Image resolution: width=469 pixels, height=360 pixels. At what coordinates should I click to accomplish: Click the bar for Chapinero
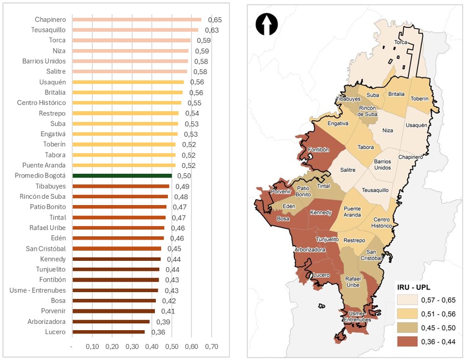tap(137, 20)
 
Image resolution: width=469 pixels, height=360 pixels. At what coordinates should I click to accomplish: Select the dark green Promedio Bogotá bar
tap(122, 176)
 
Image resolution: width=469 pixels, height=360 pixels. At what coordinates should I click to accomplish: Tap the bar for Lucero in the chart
tap(108, 332)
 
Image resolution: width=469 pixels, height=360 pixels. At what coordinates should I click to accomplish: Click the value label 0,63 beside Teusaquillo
tap(212, 30)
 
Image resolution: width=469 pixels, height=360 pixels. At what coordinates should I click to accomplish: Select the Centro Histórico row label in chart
tap(41, 103)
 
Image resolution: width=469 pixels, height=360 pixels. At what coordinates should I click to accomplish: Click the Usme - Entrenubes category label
tap(38, 290)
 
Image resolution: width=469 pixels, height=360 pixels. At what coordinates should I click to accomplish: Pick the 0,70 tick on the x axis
tap(212, 347)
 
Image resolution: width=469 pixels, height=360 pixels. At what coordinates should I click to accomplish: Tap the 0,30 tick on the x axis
tap(132, 347)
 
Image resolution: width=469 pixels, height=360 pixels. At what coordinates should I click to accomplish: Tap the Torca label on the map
tap(401, 42)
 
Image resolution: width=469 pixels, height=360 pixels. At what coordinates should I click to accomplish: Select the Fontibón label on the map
tap(318, 150)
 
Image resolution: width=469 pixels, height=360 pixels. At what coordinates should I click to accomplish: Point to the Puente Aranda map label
tap(352, 212)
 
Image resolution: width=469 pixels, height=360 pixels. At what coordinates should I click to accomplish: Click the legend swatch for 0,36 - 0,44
tap(406, 342)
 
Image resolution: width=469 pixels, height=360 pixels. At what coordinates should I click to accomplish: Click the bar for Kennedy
tap(116, 259)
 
